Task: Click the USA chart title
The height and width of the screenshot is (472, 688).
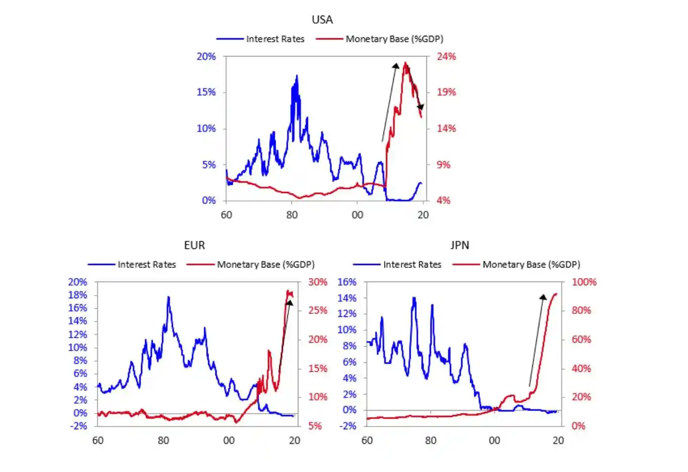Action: [x=322, y=20]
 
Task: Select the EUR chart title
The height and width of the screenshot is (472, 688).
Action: [x=195, y=245]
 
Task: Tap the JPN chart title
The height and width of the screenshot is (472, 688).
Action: [x=460, y=245]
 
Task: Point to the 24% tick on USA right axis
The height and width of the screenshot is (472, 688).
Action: [x=446, y=56]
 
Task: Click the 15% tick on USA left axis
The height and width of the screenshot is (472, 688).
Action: [x=206, y=92]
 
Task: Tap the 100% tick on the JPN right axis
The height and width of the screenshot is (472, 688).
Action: [x=584, y=282]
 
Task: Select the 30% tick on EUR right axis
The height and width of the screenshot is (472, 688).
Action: [x=318, y=282]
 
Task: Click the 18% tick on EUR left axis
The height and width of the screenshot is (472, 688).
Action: [x=78, y=295]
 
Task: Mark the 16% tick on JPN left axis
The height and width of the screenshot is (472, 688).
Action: [x=347, y=282]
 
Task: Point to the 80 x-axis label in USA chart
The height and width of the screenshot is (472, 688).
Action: [x=292, y=215]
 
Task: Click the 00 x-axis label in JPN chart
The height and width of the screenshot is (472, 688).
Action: [x=494, y=440]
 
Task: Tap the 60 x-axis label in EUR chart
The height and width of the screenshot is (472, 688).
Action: [x=98, y=440]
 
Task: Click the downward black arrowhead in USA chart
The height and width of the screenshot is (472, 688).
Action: [x=420, y=107]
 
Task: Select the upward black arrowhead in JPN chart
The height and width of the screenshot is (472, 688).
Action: [x=543, y=297]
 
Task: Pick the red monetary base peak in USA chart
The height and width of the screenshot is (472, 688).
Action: [x=405, y=63]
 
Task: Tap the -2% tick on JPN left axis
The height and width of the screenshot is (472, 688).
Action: [x=347, y=426]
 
